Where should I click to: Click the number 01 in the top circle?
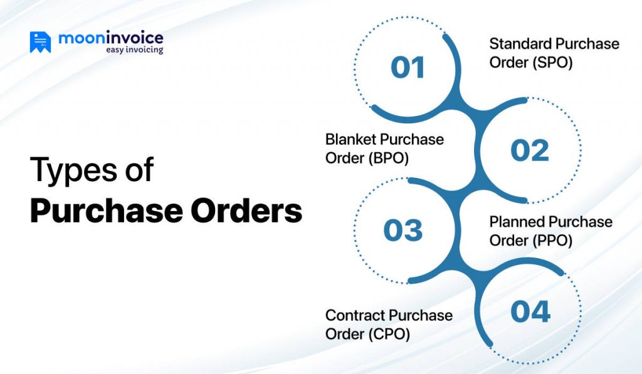coord(408,68)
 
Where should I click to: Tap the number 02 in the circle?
coord(530,150)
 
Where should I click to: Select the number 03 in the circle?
coord(403,231)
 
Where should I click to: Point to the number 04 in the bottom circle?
coord(530,311)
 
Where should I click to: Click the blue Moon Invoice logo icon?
coord(40,42)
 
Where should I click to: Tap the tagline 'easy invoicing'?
coord(134,49)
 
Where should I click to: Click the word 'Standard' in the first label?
coord(519,44)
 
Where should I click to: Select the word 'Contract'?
coord(354,315)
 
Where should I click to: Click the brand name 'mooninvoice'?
coord(110,38)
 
